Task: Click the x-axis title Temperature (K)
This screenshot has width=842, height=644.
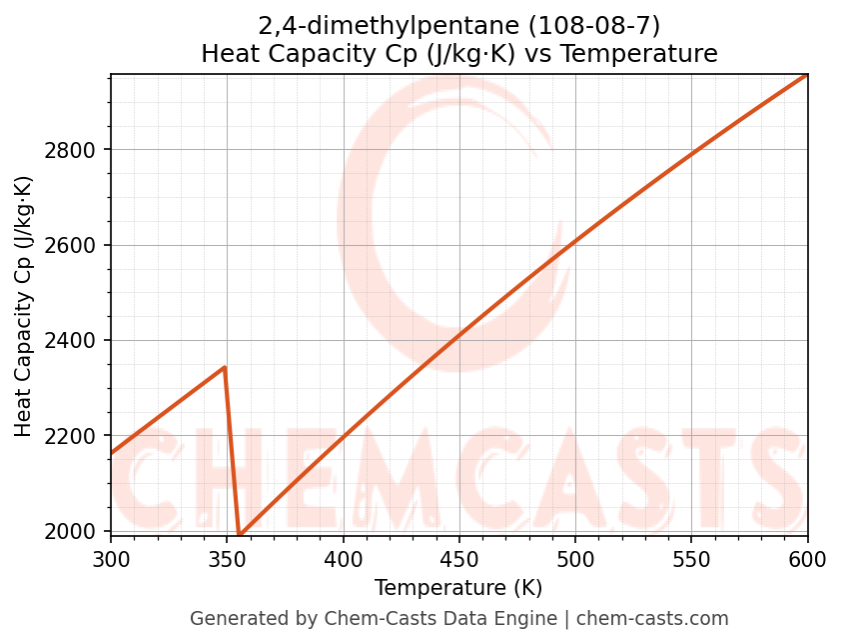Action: pyautogui.click(x=458, y=588)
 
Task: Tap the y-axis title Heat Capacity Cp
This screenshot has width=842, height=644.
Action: pyautogui.click(x=24, y=306)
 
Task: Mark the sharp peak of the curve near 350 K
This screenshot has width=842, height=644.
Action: pyautogui.click(x=225, y=367)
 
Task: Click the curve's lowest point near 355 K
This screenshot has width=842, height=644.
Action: pyautogui.click(x=239, y=535)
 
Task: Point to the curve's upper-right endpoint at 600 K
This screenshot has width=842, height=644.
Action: pyautogui.click(x=806, y=75)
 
